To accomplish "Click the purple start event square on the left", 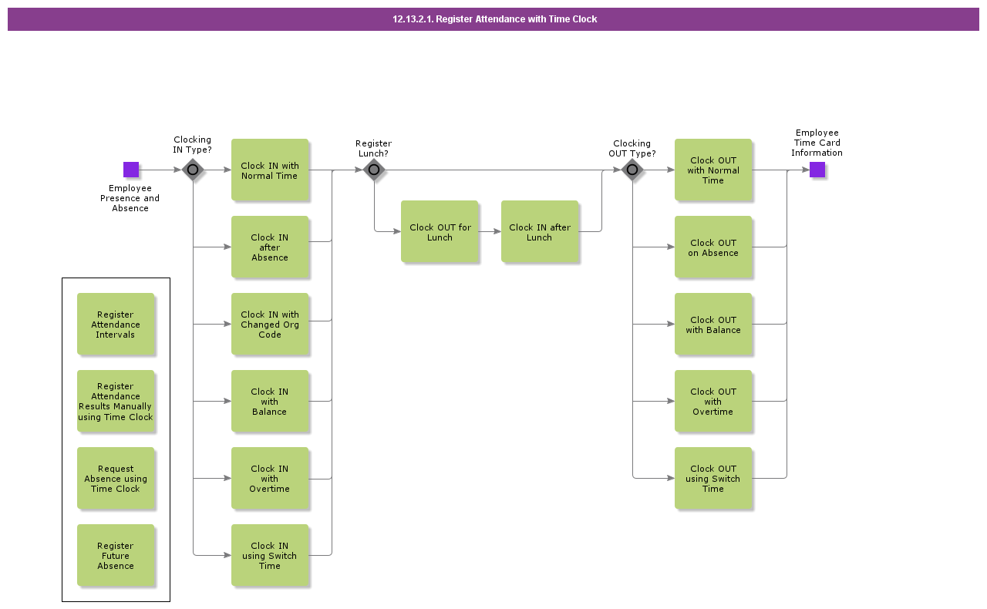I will [131, 170].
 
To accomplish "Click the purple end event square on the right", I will [817, 170].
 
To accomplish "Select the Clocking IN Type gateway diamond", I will [193, 170].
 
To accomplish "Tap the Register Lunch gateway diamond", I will [374, 170].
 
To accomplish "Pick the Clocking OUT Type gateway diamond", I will [632, 170].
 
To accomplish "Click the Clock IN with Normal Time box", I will [270, 170].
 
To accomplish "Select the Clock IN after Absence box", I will [270, 247].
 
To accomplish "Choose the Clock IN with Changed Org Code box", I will [270, 324].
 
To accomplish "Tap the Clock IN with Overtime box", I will [270, 478].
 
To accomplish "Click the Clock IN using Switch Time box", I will [270, 555].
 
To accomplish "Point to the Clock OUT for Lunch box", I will [440, 231].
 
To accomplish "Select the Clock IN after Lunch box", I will [540, 231].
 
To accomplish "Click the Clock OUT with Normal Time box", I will [713, 170].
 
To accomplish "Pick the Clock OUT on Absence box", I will [713, 247].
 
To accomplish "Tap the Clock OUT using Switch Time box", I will [713, 478].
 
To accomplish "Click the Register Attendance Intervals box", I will [116, 324].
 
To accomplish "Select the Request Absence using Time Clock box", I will [116, 478].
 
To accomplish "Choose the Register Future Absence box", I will [116, 555].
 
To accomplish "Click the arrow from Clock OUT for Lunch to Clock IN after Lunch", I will [490, 231].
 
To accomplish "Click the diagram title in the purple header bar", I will [494, 19].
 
